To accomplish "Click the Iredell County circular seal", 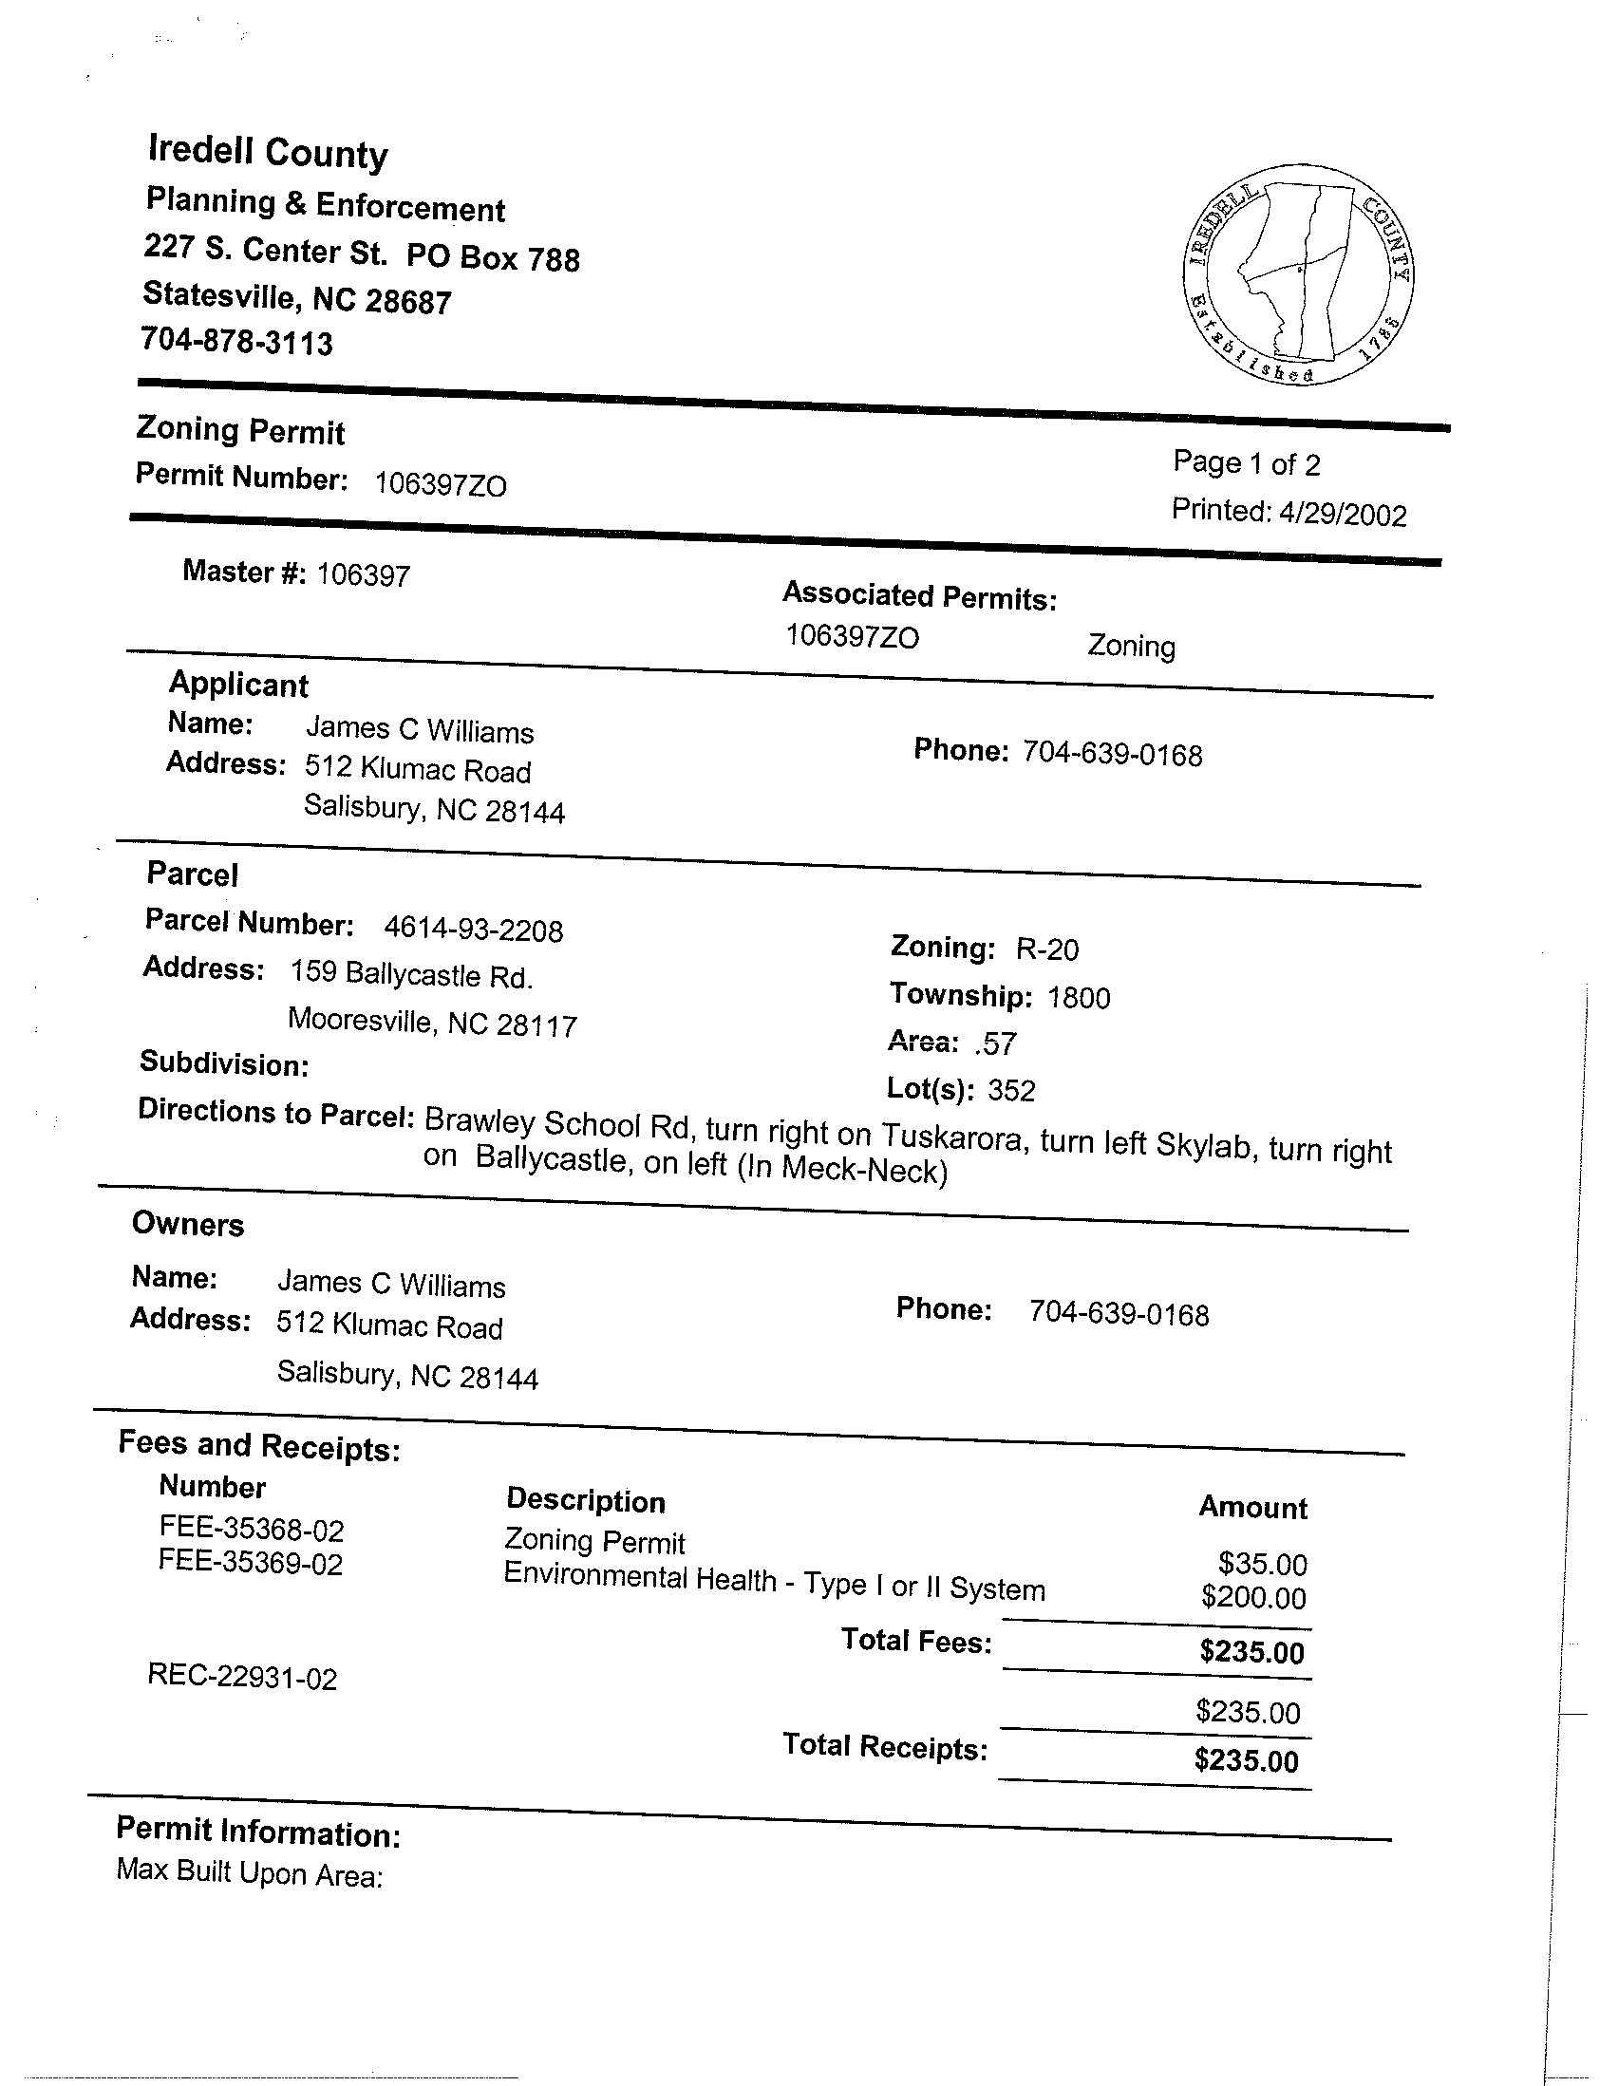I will click(x=1298, y=275).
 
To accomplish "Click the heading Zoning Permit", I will click(x=240, y=431).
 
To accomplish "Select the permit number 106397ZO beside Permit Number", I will click(x=441, y=485).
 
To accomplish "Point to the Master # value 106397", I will click(x=363, y=575).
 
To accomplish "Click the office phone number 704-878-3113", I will click(x=236, y=341).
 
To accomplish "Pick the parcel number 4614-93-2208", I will click(x=473, y=930).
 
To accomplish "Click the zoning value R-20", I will click(x=1046, y=949).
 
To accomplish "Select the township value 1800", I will click(x=1079, y=998).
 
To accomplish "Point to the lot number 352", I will click(x=1011, y=1091).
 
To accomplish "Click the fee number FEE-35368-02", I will click(x=252, y=1531).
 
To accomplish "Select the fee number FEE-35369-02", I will click(x=251, y=1563).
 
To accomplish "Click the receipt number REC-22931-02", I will click(x=242, y=1677).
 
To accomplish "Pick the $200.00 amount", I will click(x=1253, y=1597).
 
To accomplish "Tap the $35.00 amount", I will click(x=1263, y=1564).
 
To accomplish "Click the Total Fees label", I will click(x=916, y=1641).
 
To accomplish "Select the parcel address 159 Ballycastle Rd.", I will click(x=411, y=974).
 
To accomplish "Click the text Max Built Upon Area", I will click(x=250, y=1873).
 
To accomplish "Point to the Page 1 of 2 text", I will click(x=1247, y=464).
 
